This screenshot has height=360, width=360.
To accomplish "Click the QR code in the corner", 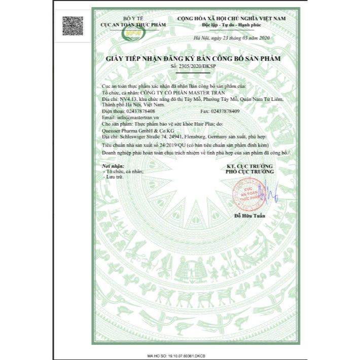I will (73, 25).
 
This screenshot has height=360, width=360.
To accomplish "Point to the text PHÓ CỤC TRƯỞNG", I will (249, 172).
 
